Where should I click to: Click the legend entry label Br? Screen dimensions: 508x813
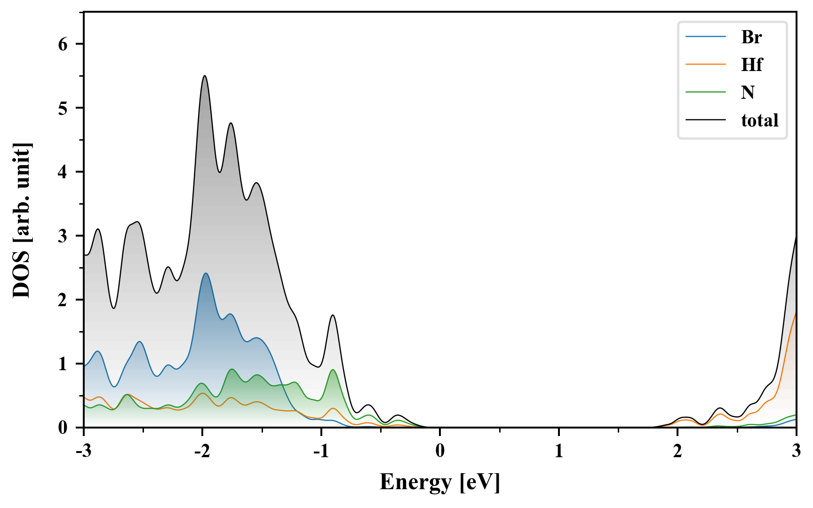point(751,37)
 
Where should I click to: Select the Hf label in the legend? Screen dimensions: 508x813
point(751,64)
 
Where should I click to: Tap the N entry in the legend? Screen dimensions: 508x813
point(748,92)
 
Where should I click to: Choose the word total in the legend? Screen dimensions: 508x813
point(759,120)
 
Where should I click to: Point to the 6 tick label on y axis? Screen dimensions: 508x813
point(63,44)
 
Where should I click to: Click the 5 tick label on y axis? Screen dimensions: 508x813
point(63,108)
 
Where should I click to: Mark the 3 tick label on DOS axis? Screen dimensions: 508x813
point(63,236)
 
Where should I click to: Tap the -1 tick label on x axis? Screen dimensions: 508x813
point(321,451)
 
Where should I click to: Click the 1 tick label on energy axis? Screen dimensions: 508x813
point(558,451)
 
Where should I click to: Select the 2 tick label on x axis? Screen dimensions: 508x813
point(677,451)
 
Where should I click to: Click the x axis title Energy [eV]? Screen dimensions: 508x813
point(440,482)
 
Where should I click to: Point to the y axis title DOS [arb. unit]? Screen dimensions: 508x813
point(22,220)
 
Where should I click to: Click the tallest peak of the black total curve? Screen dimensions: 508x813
point(204,76)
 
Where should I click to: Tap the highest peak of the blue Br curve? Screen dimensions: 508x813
point(206,273)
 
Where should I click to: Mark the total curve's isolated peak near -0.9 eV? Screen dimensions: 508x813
point(333,315)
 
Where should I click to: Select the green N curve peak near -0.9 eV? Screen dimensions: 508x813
point(333,370)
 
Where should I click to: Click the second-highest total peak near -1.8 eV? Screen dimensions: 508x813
point(231,123)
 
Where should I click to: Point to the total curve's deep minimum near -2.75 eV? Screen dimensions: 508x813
point(113,308)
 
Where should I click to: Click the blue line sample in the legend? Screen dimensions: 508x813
point(705,37)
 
